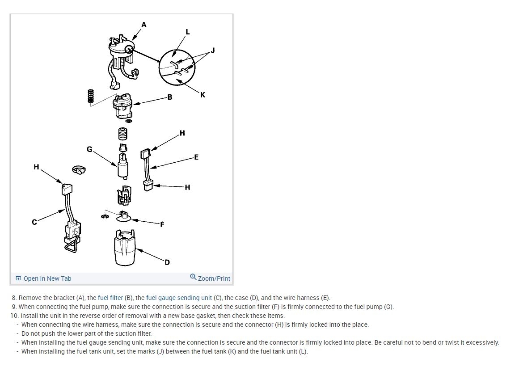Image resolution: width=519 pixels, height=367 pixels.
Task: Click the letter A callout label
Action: pos(143,25)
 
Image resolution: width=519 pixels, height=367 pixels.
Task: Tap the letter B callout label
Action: pos(170,97)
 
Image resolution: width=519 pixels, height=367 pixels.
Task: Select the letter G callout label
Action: pos(89,149)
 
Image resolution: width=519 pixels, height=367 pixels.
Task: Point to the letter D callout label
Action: pos(167,262)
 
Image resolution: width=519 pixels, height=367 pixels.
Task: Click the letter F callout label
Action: pos(162,224)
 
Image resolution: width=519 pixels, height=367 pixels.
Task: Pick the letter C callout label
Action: pos(34,222)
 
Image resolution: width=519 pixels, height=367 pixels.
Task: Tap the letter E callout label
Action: pos(196,157)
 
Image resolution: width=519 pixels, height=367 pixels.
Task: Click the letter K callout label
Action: pos(203,95)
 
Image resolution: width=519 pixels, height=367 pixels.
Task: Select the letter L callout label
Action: pos(187,32)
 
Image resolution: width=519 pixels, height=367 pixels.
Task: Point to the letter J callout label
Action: pos(212,51)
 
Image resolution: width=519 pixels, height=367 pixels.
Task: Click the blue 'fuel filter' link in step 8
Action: pos(110,298)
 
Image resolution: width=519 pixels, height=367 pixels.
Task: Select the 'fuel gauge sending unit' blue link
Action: pos(179,298)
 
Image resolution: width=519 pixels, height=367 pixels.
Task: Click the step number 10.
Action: pos(14,316)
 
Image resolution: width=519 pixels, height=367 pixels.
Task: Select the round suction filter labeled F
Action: pos(124,218)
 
